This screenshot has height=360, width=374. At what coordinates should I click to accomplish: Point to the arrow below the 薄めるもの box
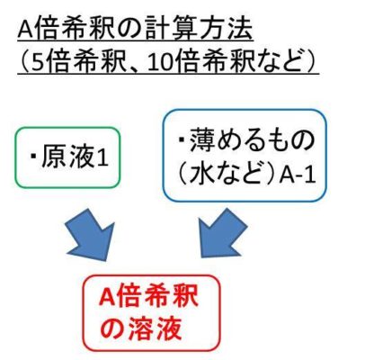(222, 233)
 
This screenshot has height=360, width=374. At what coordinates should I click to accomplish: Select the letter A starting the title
(25, 31)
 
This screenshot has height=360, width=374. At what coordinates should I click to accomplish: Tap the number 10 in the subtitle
(159, 64)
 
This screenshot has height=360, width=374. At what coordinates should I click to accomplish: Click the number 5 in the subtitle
(38, 64)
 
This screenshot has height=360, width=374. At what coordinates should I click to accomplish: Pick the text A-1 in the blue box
(298, 175)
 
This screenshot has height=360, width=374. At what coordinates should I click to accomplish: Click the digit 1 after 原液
(102, 158)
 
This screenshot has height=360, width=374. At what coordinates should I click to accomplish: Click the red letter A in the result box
(106, 296)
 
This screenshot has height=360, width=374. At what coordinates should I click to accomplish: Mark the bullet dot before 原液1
(33, 157)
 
